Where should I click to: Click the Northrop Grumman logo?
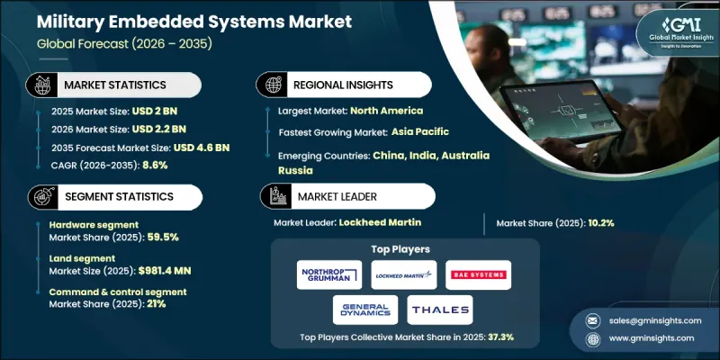tap(328, 274)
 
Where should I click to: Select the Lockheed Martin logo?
tap(403, 274)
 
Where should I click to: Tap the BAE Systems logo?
tap(478, 274)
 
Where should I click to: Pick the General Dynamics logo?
tap(365, 310)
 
